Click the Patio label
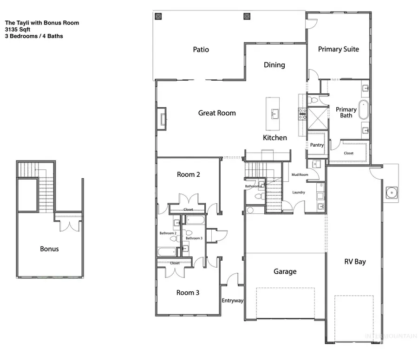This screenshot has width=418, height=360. (x=201, y=49)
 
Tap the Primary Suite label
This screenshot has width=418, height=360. (x=338, y=49)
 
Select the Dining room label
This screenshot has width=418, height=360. (x=274, y=65)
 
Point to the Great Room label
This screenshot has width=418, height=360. (x=217, y=113)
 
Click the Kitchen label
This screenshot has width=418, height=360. (x=275, y=138)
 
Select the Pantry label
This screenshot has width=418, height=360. (x=317, y=145)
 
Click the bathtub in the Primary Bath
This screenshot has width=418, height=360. (x=365, y=111)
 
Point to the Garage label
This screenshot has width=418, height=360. (x=285, y=271)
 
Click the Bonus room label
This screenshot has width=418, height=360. (x=49, y=249)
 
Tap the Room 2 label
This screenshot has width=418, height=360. (x=189, y=174)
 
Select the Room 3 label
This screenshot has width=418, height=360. (x=188, y=293)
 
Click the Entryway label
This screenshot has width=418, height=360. (x=233, y=301)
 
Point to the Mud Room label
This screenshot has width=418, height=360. (x=300, y=175)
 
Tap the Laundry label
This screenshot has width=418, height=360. (x=298, y=192)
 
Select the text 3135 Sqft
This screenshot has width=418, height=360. (x=17, y=29)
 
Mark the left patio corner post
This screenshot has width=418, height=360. (x=159, y=17)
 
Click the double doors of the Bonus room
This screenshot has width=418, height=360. (x=68, y=226)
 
